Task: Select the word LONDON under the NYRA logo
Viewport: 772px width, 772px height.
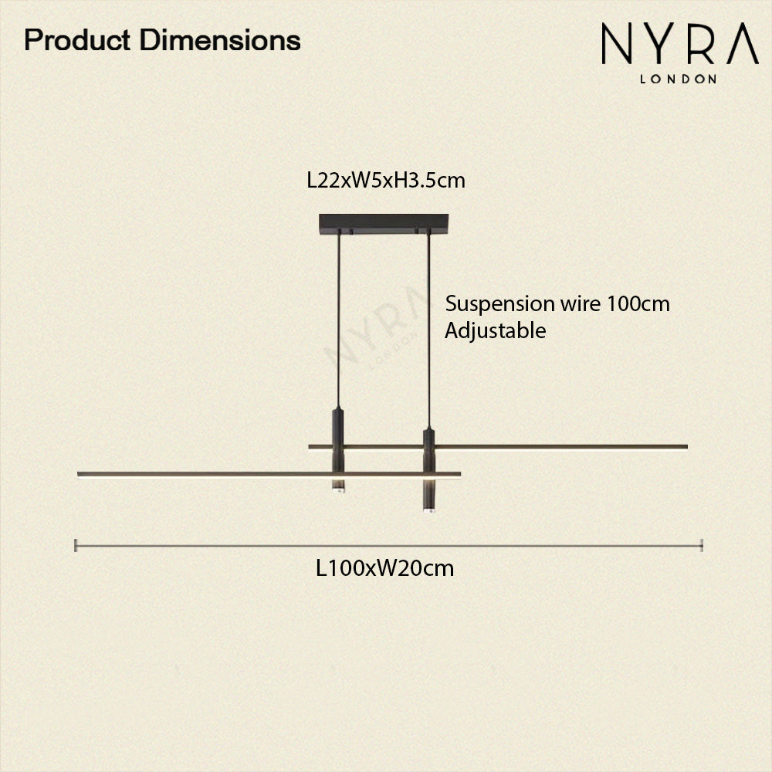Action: (x=679, y=78)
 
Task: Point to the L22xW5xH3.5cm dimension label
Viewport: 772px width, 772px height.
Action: (x=386, y=181)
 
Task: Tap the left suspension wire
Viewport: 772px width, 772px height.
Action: (x=338, y=317)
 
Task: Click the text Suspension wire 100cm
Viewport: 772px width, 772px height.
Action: (x=557, y=303)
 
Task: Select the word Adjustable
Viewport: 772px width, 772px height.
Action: (x=495, y=330)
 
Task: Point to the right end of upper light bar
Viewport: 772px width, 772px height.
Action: (x=685, y=446)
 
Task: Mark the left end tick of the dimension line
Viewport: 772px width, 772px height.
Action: (x=75, y=545)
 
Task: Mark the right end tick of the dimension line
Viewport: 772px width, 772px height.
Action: (x=701, y=545)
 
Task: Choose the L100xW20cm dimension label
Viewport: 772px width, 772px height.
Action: (x=384, y=569)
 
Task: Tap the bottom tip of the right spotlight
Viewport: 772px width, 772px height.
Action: (x=428, y=510)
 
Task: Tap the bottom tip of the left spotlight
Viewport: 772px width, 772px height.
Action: (x=338, y=489)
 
